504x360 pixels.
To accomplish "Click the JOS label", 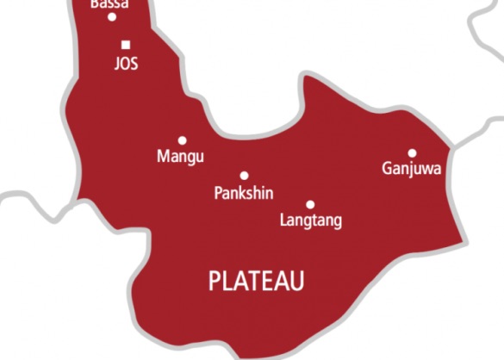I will coord(126,65).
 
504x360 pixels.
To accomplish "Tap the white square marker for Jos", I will coord(126,45).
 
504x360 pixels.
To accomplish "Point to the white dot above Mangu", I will coord(182,140).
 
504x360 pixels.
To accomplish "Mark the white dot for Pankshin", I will coord(244,175).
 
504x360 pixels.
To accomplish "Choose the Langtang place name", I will coord(311,221).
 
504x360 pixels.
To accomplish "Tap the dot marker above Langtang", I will coord(310,204).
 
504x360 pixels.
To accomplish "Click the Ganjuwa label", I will coord(411,169).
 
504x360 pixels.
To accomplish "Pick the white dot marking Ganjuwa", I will coord(412,152).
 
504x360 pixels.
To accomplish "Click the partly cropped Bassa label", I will coord(110,4).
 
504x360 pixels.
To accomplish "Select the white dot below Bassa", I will coord(112,16).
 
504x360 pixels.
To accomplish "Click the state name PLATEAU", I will coord(258,280).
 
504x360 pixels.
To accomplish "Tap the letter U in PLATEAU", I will coord(297,280).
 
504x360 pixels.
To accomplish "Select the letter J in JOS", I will coord(116,65).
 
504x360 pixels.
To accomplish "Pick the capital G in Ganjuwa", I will coord(387,168).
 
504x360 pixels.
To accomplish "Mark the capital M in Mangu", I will coord(162,156).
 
